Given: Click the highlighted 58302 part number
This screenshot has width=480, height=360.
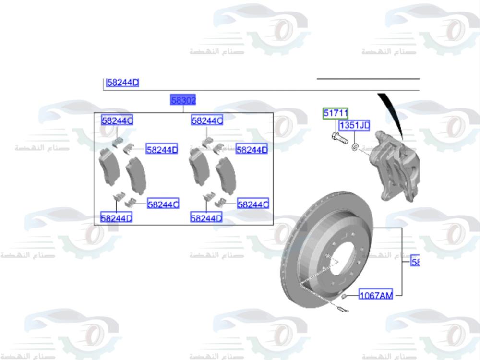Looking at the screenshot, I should click(x=183, y=100).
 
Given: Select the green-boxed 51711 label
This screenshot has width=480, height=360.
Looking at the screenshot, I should click(x=335, y=113).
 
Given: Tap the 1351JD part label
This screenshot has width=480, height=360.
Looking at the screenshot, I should click(x=354, y=126).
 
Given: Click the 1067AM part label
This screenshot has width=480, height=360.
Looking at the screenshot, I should click(x=376, y=295).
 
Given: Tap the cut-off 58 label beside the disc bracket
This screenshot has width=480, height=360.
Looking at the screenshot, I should click(x=415, y=262).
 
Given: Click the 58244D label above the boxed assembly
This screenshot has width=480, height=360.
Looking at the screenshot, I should click(x=122, y=83).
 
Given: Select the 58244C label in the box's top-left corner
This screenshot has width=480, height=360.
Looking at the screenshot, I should click(x=117, y=120).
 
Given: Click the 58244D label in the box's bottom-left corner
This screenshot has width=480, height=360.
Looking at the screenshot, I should click(x=117, y=218).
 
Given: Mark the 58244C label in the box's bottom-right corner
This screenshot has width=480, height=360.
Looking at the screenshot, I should click(x=253, y=204).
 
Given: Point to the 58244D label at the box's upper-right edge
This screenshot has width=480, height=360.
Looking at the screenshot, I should click(x=252, y=150).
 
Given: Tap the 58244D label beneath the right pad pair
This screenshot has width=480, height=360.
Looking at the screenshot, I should click(x=206, y=218).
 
